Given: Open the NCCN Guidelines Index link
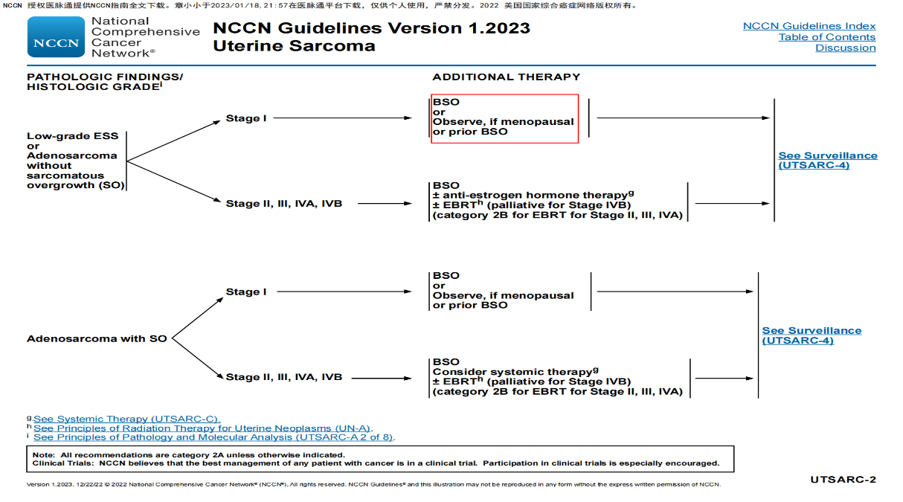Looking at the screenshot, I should [x=809, y=26].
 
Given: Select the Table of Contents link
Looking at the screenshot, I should [x=826, y=37].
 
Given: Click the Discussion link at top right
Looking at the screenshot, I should [x=845, y=48].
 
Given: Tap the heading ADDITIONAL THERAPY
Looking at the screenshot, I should [x=506, y=77].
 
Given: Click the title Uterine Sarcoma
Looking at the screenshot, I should [x=294, y=46].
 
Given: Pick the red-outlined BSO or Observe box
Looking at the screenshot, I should [x=504, y=118].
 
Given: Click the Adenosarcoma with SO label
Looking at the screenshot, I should [x=97, y=339].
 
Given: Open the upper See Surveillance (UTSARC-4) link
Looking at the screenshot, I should [x=827, y=160].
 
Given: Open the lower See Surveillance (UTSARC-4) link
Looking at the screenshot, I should [x=812, y=335].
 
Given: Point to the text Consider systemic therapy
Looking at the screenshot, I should [x=513, y=372].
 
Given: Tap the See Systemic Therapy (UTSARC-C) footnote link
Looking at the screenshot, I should [x=126, y=419].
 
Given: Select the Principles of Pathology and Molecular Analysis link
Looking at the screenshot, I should [x=213, y=437].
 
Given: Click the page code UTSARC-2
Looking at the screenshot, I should [x=843, y=480].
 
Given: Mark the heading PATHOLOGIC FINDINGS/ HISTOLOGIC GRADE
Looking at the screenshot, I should [x=104, y=82].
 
